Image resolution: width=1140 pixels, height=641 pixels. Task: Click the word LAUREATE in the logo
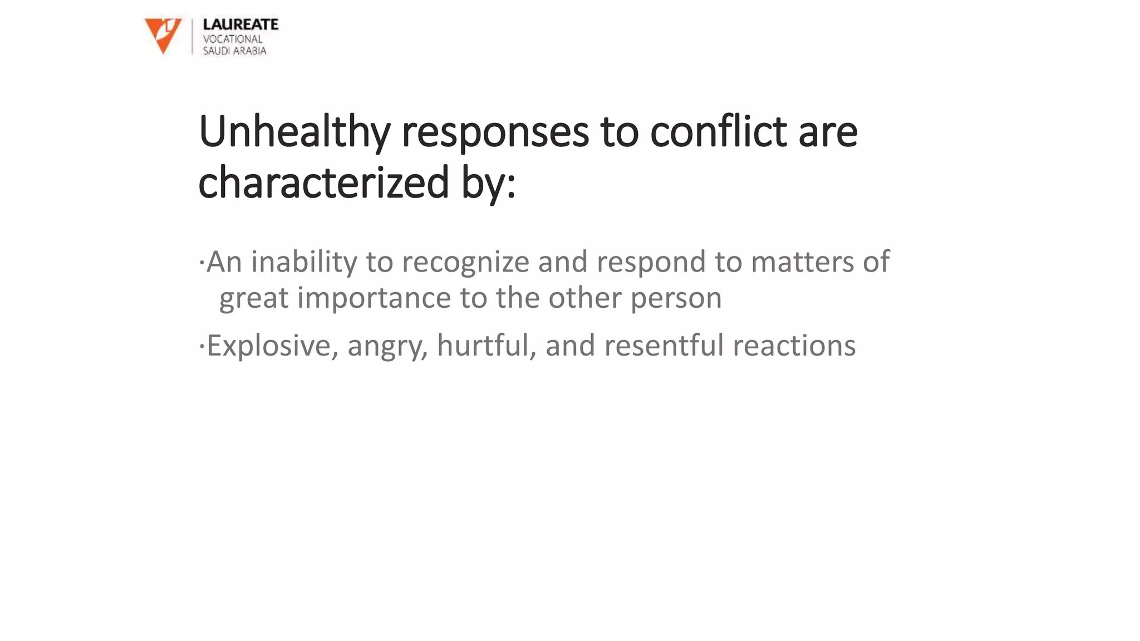[x=240, y=24]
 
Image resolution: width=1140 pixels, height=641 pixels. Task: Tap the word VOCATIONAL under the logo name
[x=232, y=39]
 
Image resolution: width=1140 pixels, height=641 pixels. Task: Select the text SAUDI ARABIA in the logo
[x=234, y=51]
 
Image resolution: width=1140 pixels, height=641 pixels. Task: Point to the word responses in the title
[x=495, y=132]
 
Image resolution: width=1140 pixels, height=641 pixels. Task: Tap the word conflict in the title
[x=718, y=132]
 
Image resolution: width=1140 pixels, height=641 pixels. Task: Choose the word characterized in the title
[x=323, y=183]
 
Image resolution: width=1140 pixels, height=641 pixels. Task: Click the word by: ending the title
[x=488, y=183]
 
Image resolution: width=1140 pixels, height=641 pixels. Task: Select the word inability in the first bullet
[x=304, y=262]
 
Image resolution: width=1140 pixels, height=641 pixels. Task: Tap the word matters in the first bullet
[x=802, y=262]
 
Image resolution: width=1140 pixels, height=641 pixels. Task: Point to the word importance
[x=374, y=298]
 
